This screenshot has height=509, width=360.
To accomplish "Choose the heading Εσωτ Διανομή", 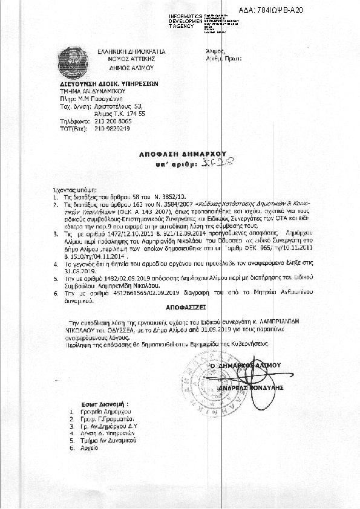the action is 105,403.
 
